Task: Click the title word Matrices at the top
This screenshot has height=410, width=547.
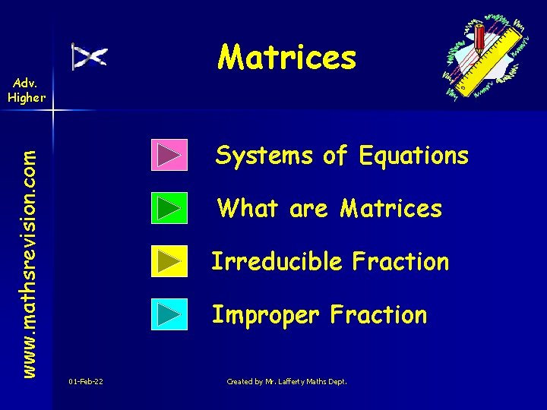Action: tap(286, 57)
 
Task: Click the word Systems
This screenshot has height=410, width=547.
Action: tap(264, 156)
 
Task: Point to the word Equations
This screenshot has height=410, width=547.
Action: tap(414, 156)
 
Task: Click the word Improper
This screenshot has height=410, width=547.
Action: tap(267, 314)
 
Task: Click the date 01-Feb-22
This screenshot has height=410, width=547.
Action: tap(86, 381)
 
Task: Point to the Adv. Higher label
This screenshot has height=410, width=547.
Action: tap(27, 90)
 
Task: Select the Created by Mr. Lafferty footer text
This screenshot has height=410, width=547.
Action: tap(286, 381)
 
